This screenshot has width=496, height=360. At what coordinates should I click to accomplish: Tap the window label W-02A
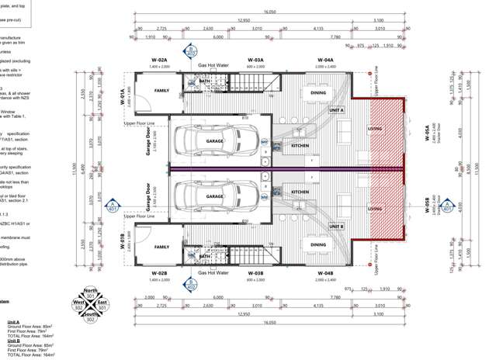pyautogui.click(x=159, y=60)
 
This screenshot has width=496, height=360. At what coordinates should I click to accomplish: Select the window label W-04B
pyautogui.click(x=325, y=273)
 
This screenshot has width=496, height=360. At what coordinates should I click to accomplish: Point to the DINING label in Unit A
pyautogui.click(x=318, y=93)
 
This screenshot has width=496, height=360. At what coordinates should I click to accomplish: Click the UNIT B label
pyautogui.click(x=336, y=227)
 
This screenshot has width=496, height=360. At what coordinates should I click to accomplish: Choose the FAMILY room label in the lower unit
pyautogui.click(x=161, y=247)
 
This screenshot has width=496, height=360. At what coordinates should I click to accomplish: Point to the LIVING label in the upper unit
pyautogui.click(x=375, y=129)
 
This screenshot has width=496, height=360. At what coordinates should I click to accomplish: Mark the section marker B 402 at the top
pyautogui.click(x=190, y=52)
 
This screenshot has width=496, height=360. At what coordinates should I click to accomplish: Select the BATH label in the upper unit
pyautogui.click(x=205, y=81)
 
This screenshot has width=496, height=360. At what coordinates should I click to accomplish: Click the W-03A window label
pyautogui.click(x=256, y=60)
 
